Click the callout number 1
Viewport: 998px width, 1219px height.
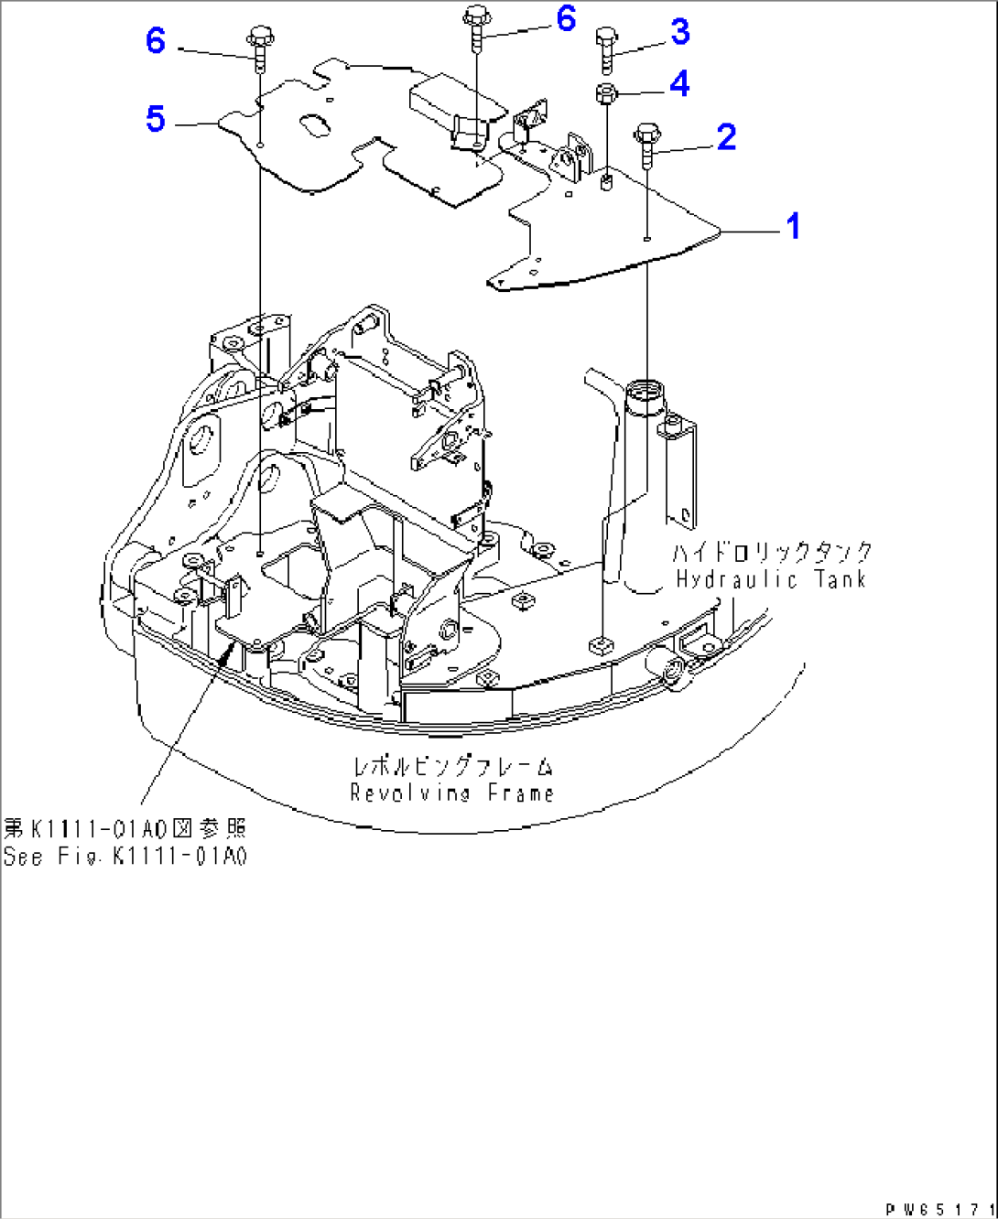click(794, 226)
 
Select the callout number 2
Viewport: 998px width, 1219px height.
click(726, 137)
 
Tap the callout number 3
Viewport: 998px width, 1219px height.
click(679, 32)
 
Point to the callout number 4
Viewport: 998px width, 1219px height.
click(679, 84)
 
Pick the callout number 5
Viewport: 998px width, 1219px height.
click(156, 119)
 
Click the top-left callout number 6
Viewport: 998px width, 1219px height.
click(156, 40)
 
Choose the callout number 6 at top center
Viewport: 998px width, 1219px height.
click(566, 18)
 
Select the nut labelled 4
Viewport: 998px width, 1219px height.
click(605, 92)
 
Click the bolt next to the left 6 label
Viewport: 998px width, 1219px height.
click(260, 50)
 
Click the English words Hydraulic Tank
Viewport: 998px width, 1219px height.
click(770, 579)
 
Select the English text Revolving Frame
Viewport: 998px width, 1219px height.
click(452, 793)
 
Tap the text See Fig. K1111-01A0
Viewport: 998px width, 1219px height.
click(125, 857)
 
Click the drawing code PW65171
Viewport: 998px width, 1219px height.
click(939, 1209)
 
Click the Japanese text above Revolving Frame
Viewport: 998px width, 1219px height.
click(452, 766)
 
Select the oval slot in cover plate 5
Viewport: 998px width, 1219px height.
click(312, 126)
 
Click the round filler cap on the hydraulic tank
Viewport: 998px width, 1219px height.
click(647, 394)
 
